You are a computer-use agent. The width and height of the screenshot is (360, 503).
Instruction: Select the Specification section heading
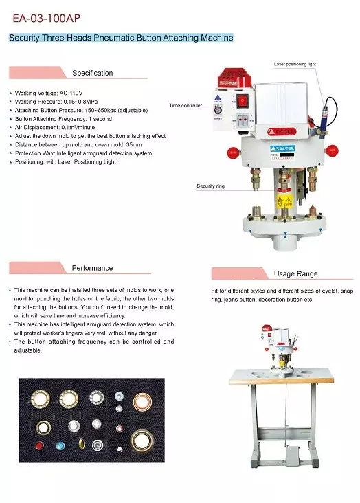point(92,73)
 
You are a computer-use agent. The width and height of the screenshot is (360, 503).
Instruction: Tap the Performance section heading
point(92,267)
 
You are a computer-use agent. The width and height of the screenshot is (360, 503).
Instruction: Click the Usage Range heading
point(295,273)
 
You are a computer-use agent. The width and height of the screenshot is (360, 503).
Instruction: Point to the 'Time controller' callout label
point(186,105)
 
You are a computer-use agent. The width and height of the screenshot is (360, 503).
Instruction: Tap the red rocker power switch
point(242,100)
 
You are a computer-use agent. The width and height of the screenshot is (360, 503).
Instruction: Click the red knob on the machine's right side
point(333,149)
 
